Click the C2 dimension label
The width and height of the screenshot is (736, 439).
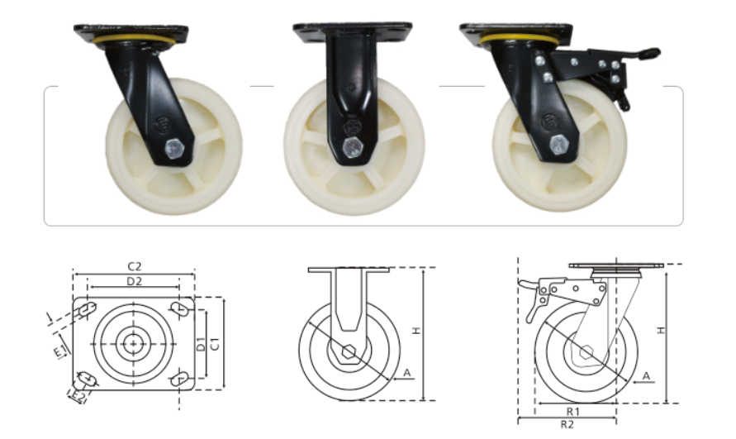point(133,266)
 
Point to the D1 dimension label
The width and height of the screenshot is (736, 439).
point(201,344)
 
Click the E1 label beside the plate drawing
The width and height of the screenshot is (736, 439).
point(59,354)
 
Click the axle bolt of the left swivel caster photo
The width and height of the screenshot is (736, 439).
point(175,150)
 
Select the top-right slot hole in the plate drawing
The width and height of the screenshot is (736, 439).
point(179,308)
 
